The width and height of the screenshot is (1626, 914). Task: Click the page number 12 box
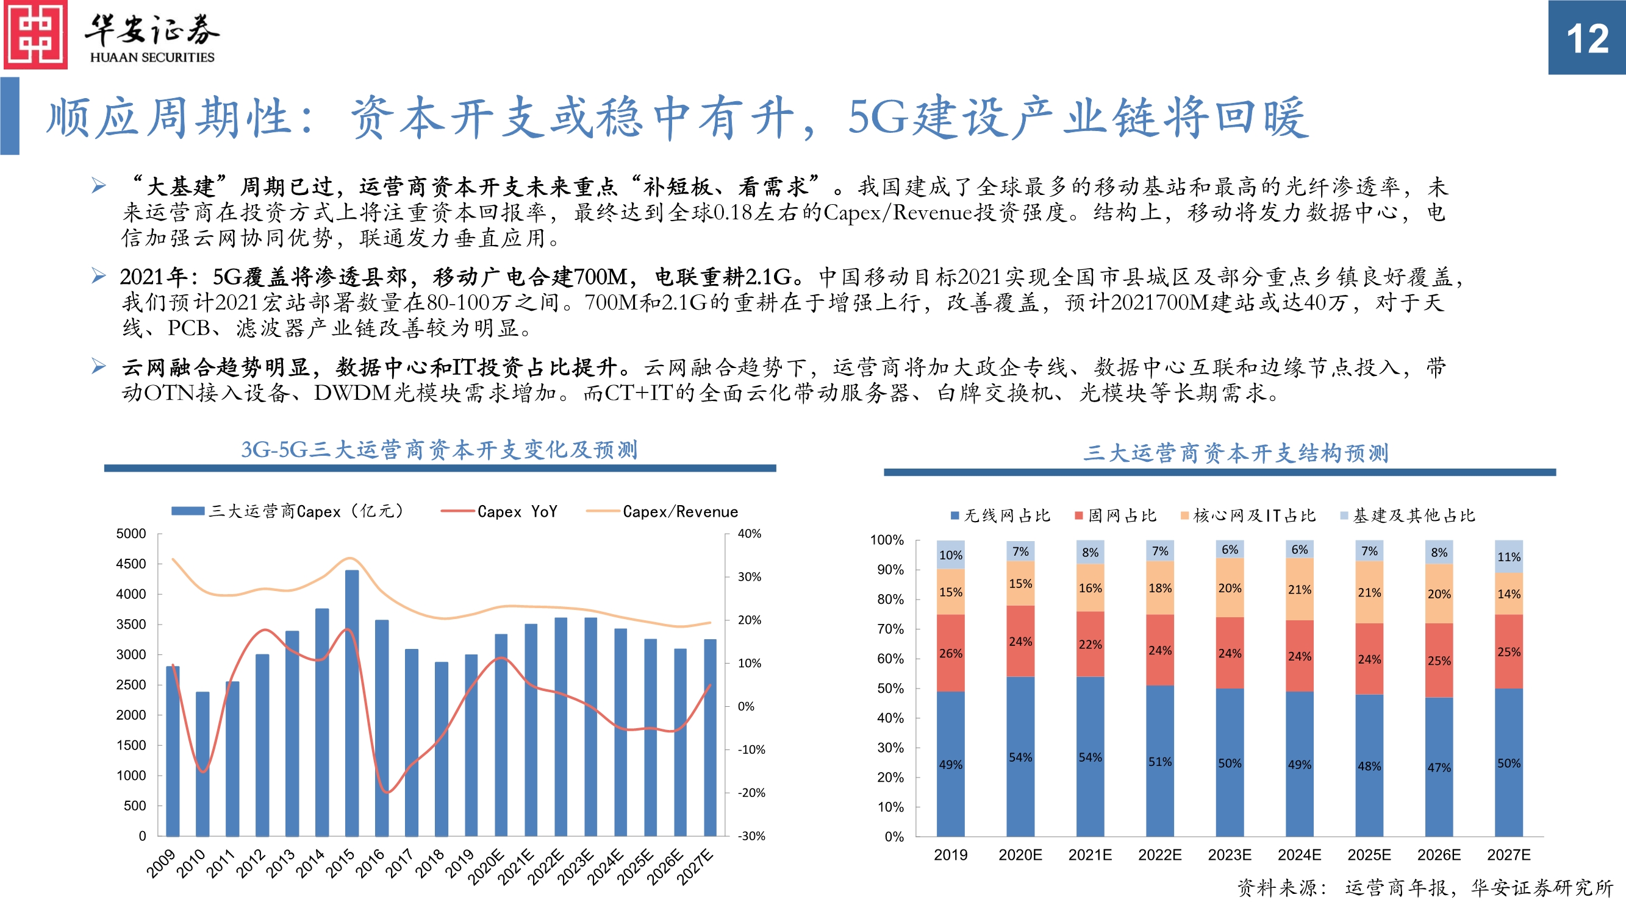1586,38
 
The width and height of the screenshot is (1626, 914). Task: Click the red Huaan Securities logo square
35,35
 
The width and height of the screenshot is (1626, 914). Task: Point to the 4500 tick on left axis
131,564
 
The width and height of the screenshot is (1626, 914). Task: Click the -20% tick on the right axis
751,793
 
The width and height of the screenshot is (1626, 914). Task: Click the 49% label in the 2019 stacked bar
950,765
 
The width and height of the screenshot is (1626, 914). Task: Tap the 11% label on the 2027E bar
1509,557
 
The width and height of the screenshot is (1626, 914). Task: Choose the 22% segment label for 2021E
1090,645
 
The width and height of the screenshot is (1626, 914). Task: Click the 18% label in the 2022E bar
1159,588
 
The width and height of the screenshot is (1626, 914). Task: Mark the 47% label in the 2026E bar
1439,768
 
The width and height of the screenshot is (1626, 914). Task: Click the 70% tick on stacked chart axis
890,629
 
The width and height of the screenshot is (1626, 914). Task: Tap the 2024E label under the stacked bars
1299,855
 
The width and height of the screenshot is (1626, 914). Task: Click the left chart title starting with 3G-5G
439,450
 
